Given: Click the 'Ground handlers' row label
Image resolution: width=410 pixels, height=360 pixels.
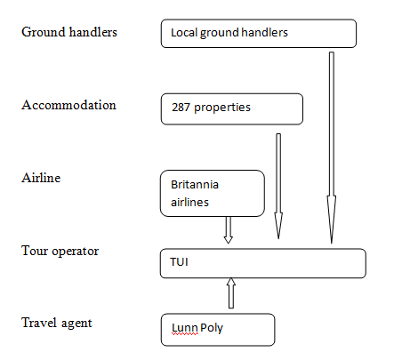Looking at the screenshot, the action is (69, 32).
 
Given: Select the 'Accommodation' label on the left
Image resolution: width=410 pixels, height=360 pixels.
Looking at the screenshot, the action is (68, 105).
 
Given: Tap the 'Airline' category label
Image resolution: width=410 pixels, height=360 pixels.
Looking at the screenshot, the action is (41, 178).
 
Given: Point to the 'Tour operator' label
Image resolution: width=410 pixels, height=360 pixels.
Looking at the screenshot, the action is (60, 251).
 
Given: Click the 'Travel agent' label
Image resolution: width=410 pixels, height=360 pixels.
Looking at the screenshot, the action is (57, 323).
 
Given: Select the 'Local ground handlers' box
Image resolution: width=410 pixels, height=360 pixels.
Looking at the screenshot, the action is (259, 34).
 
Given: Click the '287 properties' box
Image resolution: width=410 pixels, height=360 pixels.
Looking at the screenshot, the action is (232, 109).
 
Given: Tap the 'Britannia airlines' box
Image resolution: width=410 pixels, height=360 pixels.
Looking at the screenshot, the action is (213, 193).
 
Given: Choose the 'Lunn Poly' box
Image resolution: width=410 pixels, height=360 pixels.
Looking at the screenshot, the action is (218, 330).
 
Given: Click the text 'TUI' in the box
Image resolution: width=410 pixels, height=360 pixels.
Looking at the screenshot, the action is (179, 262).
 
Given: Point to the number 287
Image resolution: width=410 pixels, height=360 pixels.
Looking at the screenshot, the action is (181, 108).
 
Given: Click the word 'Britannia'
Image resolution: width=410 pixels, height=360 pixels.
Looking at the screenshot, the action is (195, 185).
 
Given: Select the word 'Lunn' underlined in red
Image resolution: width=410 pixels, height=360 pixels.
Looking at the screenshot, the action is (185, 328).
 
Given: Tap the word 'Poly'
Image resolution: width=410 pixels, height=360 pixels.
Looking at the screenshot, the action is (212, 328).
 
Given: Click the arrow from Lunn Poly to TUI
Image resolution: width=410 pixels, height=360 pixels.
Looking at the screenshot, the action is (231, 292).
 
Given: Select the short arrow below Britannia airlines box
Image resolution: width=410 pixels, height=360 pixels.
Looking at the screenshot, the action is (229, 230).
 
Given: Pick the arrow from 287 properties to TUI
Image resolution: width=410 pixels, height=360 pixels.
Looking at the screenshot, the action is (278, 186).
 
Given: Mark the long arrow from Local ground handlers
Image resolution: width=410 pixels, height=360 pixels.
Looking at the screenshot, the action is (332, 148).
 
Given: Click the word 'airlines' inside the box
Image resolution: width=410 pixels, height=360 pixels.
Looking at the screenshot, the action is (189, 202).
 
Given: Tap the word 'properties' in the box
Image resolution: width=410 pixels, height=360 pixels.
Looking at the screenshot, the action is (222, 108).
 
